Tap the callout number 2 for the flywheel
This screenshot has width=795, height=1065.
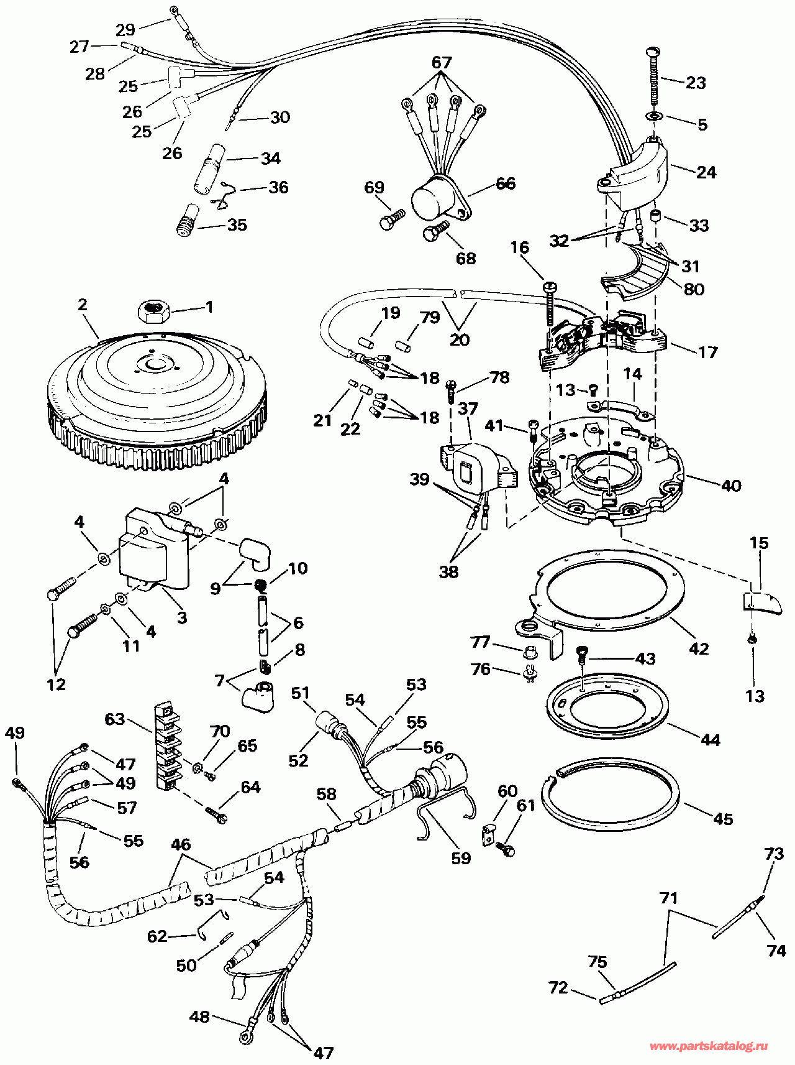(83, 305)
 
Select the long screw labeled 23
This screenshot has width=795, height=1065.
(654, 76)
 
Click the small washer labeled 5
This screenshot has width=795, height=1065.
(655, 116)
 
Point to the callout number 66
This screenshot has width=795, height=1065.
(506, 183)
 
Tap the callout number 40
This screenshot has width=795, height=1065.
(731, 485)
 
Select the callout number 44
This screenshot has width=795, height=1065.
(710, 739)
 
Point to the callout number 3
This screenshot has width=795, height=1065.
(182, 617)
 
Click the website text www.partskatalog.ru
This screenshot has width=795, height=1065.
(708, 1046)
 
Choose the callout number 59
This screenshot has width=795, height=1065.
(461, 858)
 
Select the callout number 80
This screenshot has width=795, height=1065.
(694, 289)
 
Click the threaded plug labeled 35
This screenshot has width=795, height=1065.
(186, 220)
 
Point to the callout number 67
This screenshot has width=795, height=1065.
(442, 62)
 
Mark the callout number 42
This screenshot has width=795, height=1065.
(699, 648)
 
